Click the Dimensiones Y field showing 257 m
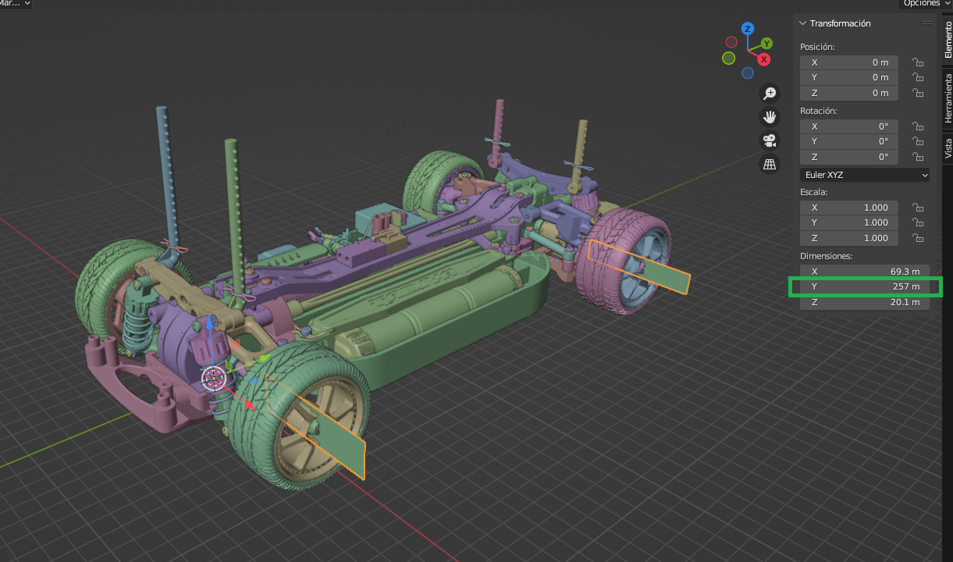coord(865,286)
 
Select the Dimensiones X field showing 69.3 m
coord(865,272)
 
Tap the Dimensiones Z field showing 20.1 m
coord(865,302)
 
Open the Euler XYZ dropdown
coord(865,175)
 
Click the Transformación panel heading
coord(840,23)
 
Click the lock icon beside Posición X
coord(918,62)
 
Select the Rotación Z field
coord(848,157)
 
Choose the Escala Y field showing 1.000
coord(848,222)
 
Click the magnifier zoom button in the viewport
coord(770,94)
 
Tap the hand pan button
coord(770,117)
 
